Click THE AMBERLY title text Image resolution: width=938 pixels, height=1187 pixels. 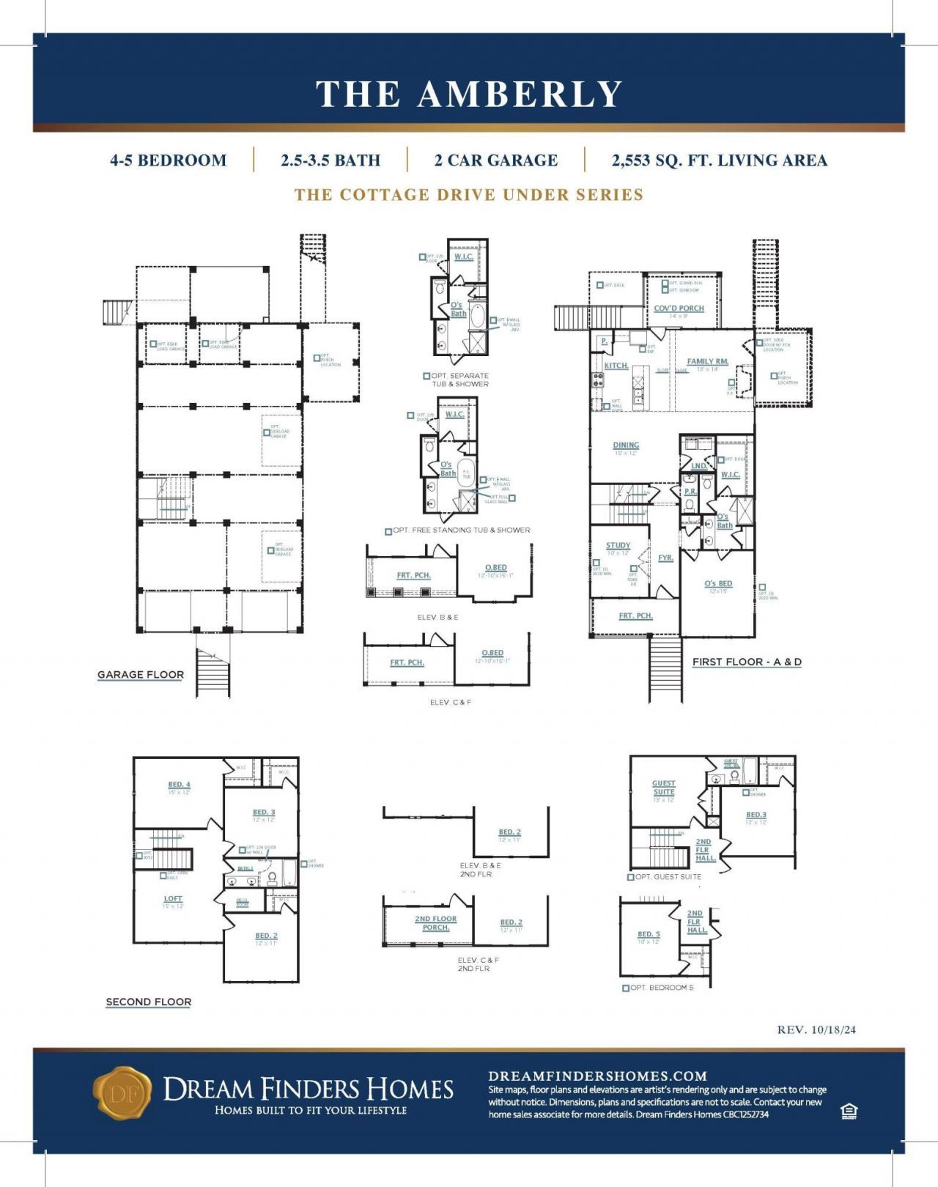[469, 95]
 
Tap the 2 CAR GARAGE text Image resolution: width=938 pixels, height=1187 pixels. [495, 160]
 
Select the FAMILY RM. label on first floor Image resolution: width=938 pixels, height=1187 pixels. [707, 361]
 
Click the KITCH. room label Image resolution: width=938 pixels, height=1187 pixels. [616, 365]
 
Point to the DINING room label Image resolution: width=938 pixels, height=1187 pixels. [626, 445]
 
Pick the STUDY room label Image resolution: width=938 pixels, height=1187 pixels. [618, 545]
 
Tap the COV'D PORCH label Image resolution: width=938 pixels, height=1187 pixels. [679, 308]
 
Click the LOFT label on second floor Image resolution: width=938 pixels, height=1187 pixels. [173, 898]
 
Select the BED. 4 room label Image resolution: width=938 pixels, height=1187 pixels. [179, 785]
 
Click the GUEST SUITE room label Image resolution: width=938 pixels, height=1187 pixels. [663, 788]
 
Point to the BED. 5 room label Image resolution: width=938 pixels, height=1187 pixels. [649, 934]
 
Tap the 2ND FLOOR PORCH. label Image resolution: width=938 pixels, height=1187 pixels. [435, 923]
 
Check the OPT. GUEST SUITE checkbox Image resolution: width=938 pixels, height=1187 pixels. [631, 877]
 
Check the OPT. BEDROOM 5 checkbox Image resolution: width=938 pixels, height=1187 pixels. [626, 988]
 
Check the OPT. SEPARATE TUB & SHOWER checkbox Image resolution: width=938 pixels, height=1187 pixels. [426, 376]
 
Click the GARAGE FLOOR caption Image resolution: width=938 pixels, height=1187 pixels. [141, 675]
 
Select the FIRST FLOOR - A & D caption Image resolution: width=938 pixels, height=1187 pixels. [746, 662]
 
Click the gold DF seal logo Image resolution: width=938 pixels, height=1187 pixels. [122, 1092]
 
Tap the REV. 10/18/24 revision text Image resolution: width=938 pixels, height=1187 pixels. [816, 1029]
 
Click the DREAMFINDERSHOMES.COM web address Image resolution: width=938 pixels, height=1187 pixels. [597, 1076]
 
